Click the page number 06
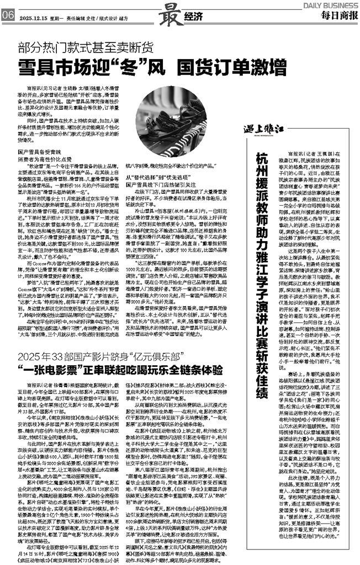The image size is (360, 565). tap(8, 15)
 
